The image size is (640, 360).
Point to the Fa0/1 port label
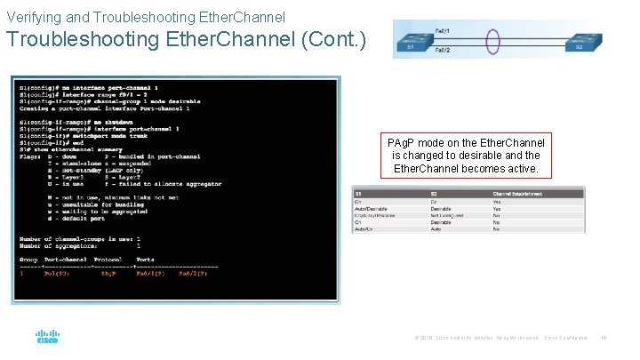(443, 31)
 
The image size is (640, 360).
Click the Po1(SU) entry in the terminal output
(60, 274)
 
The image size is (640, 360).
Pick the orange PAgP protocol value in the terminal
(109, 274)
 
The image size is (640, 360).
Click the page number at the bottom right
(604, 338)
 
